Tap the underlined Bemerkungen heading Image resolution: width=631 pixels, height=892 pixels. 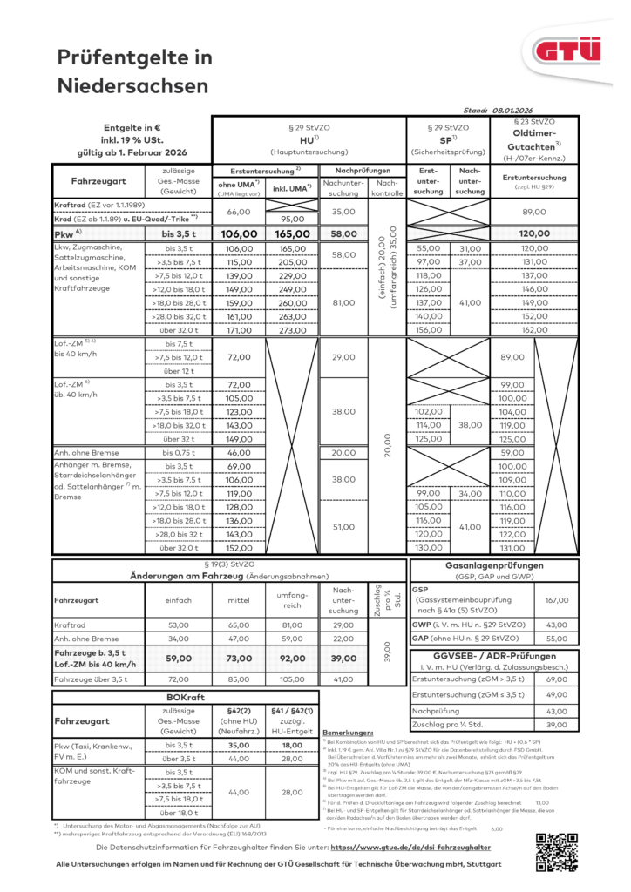(x=348, y=733)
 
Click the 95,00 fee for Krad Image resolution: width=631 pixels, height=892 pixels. (x=293, y=220)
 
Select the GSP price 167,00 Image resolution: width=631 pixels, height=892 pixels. (x=555, y=600)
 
